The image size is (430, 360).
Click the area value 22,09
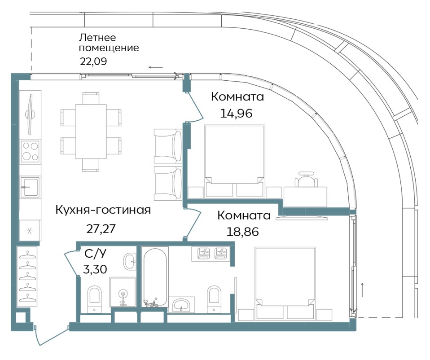[93, 61]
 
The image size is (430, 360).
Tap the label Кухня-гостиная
[103, 210]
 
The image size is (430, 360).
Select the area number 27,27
[101, 228]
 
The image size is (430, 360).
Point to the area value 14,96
[236, 113]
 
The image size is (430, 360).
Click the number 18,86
[243, 232]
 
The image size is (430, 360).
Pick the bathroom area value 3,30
[95, 269]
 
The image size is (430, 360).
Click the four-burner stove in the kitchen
[30, 151]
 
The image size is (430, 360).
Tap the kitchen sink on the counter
[30, 187]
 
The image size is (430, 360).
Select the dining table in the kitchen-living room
[91, 132]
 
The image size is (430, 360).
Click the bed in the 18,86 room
[285, 284]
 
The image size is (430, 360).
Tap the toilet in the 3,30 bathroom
[95, 299]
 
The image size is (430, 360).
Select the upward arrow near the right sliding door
[362, 290]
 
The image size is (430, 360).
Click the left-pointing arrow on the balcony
[156, 67]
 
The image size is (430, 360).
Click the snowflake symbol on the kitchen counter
[29, 231]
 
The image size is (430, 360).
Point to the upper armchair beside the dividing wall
[168, 146]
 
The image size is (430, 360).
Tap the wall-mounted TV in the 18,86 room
[302, 218]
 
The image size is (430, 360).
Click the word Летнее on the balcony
[97, 37]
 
